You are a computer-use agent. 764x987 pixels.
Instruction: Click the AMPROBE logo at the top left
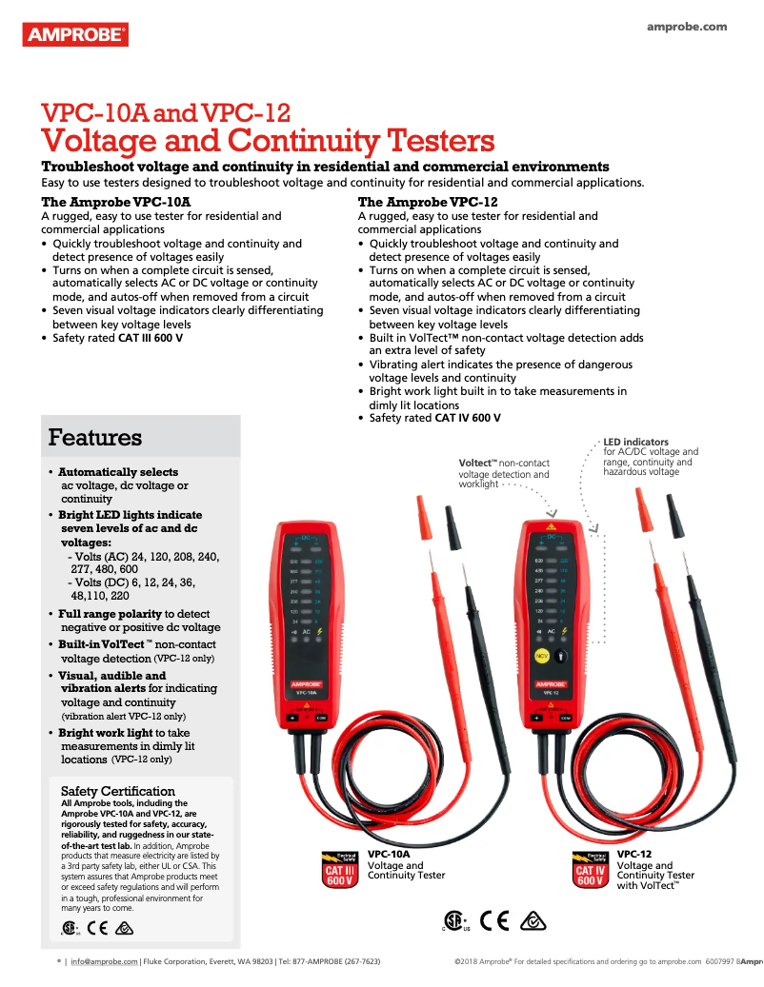point(74,35)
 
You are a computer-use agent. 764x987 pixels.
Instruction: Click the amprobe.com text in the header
point(687,27)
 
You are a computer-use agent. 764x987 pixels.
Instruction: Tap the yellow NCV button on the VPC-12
point(540,656)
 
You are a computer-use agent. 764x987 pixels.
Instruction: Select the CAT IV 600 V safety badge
point(591,869)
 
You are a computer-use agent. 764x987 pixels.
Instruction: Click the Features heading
point(95,438)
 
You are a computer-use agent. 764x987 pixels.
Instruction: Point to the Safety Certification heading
point(118,791)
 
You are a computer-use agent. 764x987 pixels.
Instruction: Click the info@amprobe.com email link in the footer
point(105,962)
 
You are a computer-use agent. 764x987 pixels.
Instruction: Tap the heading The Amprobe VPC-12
point(428,203)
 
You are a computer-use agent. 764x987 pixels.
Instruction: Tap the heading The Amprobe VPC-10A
point(116,203)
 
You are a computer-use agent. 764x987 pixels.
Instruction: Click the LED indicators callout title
point(635,442)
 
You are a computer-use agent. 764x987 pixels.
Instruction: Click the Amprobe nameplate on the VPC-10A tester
point(307,681)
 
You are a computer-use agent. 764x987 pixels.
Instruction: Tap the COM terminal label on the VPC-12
point(565,717)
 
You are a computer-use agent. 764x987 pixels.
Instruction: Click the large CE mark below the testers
point(494,920)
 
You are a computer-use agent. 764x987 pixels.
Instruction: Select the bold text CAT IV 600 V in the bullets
point(468,418)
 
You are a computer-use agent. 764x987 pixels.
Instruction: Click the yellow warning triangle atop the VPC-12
point(550,526)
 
